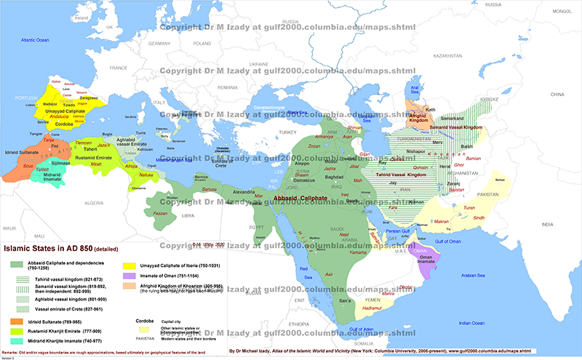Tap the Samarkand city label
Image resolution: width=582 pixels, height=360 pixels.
tap(450, 118)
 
